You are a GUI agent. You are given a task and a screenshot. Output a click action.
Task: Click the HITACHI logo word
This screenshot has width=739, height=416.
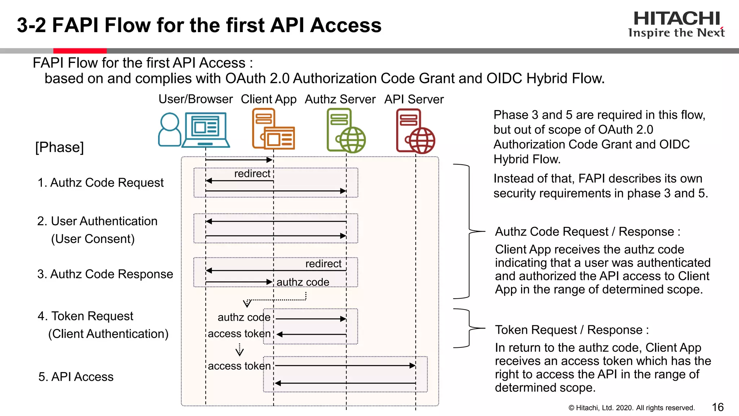pos(677,19)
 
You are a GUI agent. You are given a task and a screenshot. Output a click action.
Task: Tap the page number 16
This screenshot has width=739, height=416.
pos(718,407)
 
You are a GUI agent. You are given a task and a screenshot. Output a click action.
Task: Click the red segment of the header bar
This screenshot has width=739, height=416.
pos(80,51)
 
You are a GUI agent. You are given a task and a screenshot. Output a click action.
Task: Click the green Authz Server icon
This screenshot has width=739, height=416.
pos(346,131)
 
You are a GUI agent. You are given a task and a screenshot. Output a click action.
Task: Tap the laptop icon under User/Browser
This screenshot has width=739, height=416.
pos(206,130)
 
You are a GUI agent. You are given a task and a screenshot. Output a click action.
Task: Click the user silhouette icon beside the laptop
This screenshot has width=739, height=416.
pos(170,129)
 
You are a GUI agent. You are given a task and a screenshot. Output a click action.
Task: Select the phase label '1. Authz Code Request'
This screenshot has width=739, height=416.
pos(101,183)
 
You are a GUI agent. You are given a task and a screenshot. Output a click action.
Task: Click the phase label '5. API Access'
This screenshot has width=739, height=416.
pos(76,377)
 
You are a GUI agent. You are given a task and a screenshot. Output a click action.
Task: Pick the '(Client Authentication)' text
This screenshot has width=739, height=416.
pos(108,334)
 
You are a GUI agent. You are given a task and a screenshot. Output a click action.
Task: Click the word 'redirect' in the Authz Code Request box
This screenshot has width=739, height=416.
pos(252,174)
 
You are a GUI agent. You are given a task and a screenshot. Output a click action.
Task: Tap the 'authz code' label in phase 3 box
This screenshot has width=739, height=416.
pos(303,282)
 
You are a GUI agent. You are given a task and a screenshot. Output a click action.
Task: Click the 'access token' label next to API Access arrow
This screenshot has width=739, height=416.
pos(239,366)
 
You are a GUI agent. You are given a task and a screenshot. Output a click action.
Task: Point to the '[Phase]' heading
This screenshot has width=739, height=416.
pos(60,147)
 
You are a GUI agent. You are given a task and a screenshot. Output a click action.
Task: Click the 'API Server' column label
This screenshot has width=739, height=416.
pos(414,99)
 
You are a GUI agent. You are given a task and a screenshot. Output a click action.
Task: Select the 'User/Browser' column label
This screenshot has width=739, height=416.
pos(196,99)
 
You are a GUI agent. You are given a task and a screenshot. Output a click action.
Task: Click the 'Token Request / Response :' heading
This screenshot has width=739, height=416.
pos(572,330)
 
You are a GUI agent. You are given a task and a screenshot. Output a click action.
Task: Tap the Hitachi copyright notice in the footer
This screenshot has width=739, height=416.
pos(631,408)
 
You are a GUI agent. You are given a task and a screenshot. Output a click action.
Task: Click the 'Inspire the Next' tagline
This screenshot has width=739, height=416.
pos(676,33)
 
